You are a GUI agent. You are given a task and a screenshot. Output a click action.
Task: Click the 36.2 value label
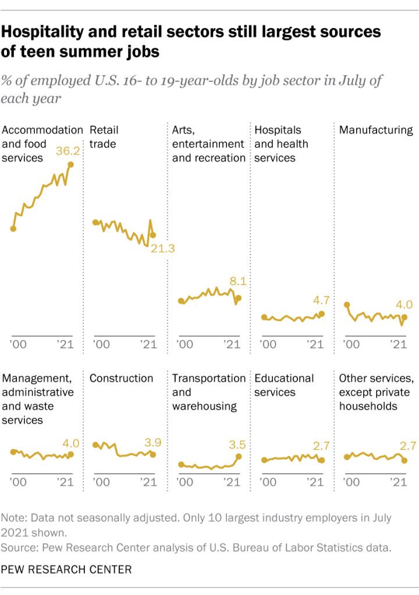[66, 151]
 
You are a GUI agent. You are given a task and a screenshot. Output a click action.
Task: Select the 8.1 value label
[238, 282]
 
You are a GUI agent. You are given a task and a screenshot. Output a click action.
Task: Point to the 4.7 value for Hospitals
[321, 300]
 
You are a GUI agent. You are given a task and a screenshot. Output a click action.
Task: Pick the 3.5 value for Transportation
[237, 445]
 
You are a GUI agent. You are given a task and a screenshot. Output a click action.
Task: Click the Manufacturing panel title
[375, 130]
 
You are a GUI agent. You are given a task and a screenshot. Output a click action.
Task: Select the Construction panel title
[121, 378]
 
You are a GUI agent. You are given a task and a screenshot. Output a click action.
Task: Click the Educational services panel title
[284, 385]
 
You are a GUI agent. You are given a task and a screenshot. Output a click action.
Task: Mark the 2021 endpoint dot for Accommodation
[71, 165]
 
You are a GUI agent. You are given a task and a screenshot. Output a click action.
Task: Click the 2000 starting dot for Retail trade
[95, 223]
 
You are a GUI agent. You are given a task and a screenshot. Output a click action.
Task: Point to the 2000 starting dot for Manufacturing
[347, 305]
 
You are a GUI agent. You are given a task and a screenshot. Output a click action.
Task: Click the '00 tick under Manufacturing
[351, 344]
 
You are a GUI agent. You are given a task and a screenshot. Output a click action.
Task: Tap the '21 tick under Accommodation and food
[65, 344]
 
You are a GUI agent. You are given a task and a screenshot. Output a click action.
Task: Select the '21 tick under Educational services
[315, 482]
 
